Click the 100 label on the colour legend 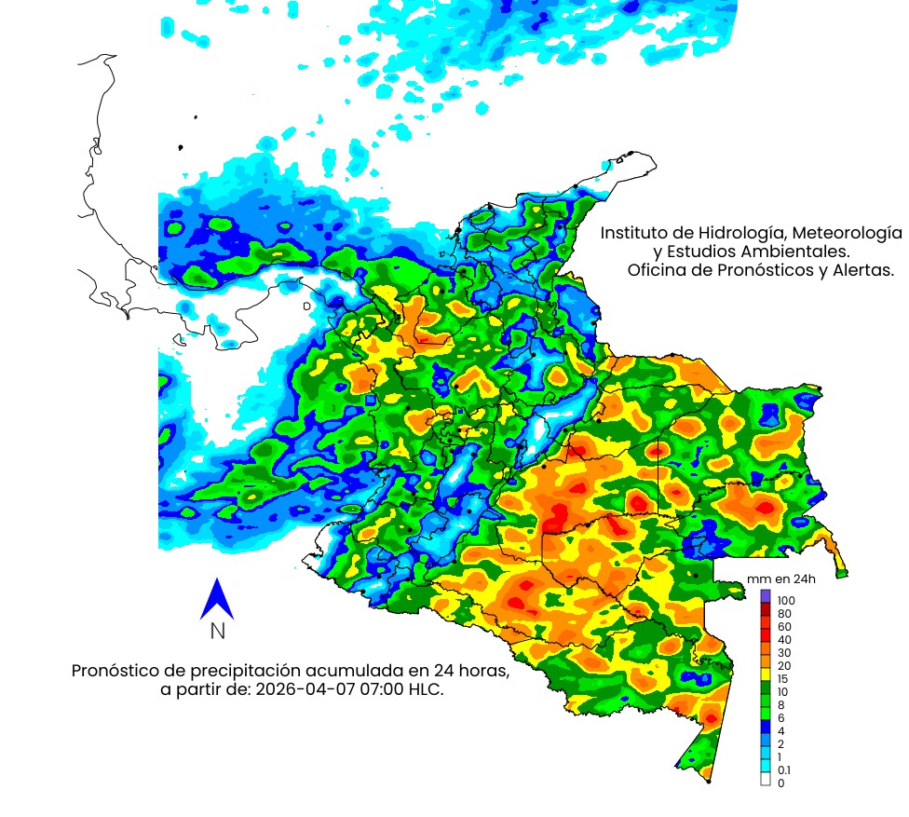click(785, 600)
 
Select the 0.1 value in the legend click(783, 769)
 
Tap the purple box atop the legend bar click(766, 595)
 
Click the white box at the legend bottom click(766, 782)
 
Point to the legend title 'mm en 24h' click(773, 579)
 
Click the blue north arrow click(216, 599)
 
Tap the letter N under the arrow click(217, 632)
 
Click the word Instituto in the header click(633, 232)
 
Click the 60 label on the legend click(782, 626)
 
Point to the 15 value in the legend click(782, 678)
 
